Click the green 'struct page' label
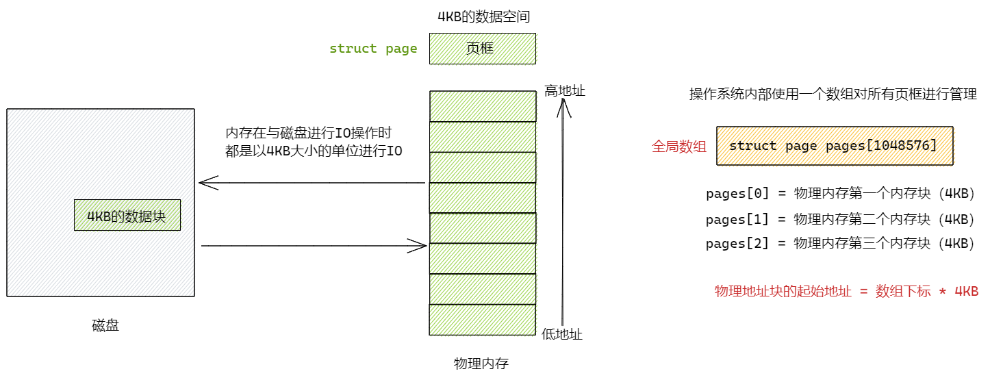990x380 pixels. (373, 49)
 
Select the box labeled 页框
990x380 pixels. (482, 49)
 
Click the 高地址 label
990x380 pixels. (565, 90)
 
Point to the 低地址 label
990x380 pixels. (562, 334)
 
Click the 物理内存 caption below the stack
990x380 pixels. (481, 363)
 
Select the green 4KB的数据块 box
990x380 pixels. (127, 215)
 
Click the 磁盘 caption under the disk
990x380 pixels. (105, 325)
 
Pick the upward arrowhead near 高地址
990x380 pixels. (563, 105)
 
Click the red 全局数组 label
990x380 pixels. (679, 146)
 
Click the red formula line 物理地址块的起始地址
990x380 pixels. (846, 291)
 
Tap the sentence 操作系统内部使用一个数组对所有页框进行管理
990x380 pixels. (833, 94)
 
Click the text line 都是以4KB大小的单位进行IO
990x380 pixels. (314, 151)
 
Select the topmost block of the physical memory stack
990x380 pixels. (482, 106)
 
